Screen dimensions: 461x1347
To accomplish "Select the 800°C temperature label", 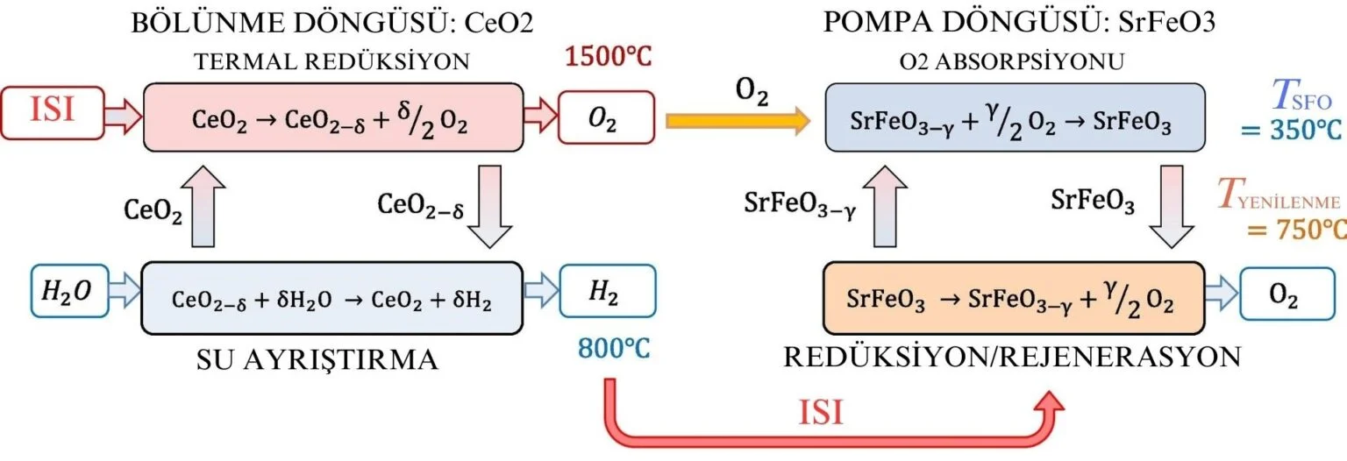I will point(613,348).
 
